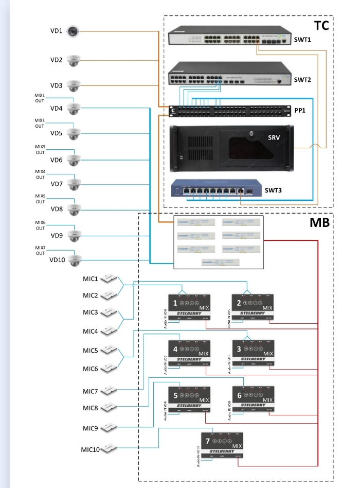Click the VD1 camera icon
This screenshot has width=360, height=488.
(x=74, y=31)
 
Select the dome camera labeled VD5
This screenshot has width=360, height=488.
(x=74, y=133)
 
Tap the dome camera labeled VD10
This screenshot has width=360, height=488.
(x=74, y=260)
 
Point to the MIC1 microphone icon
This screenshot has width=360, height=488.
(x=109, y=279)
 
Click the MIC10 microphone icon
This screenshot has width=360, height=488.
(x=109, y=449)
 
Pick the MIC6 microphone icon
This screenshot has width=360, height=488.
(x=109, y=368)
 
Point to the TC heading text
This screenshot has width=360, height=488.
(x=321, y=25)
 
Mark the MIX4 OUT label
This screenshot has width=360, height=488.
(x=40, y=174)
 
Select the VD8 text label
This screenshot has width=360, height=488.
(x=57, y=209)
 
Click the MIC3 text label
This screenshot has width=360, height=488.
(x=91, y=312)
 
